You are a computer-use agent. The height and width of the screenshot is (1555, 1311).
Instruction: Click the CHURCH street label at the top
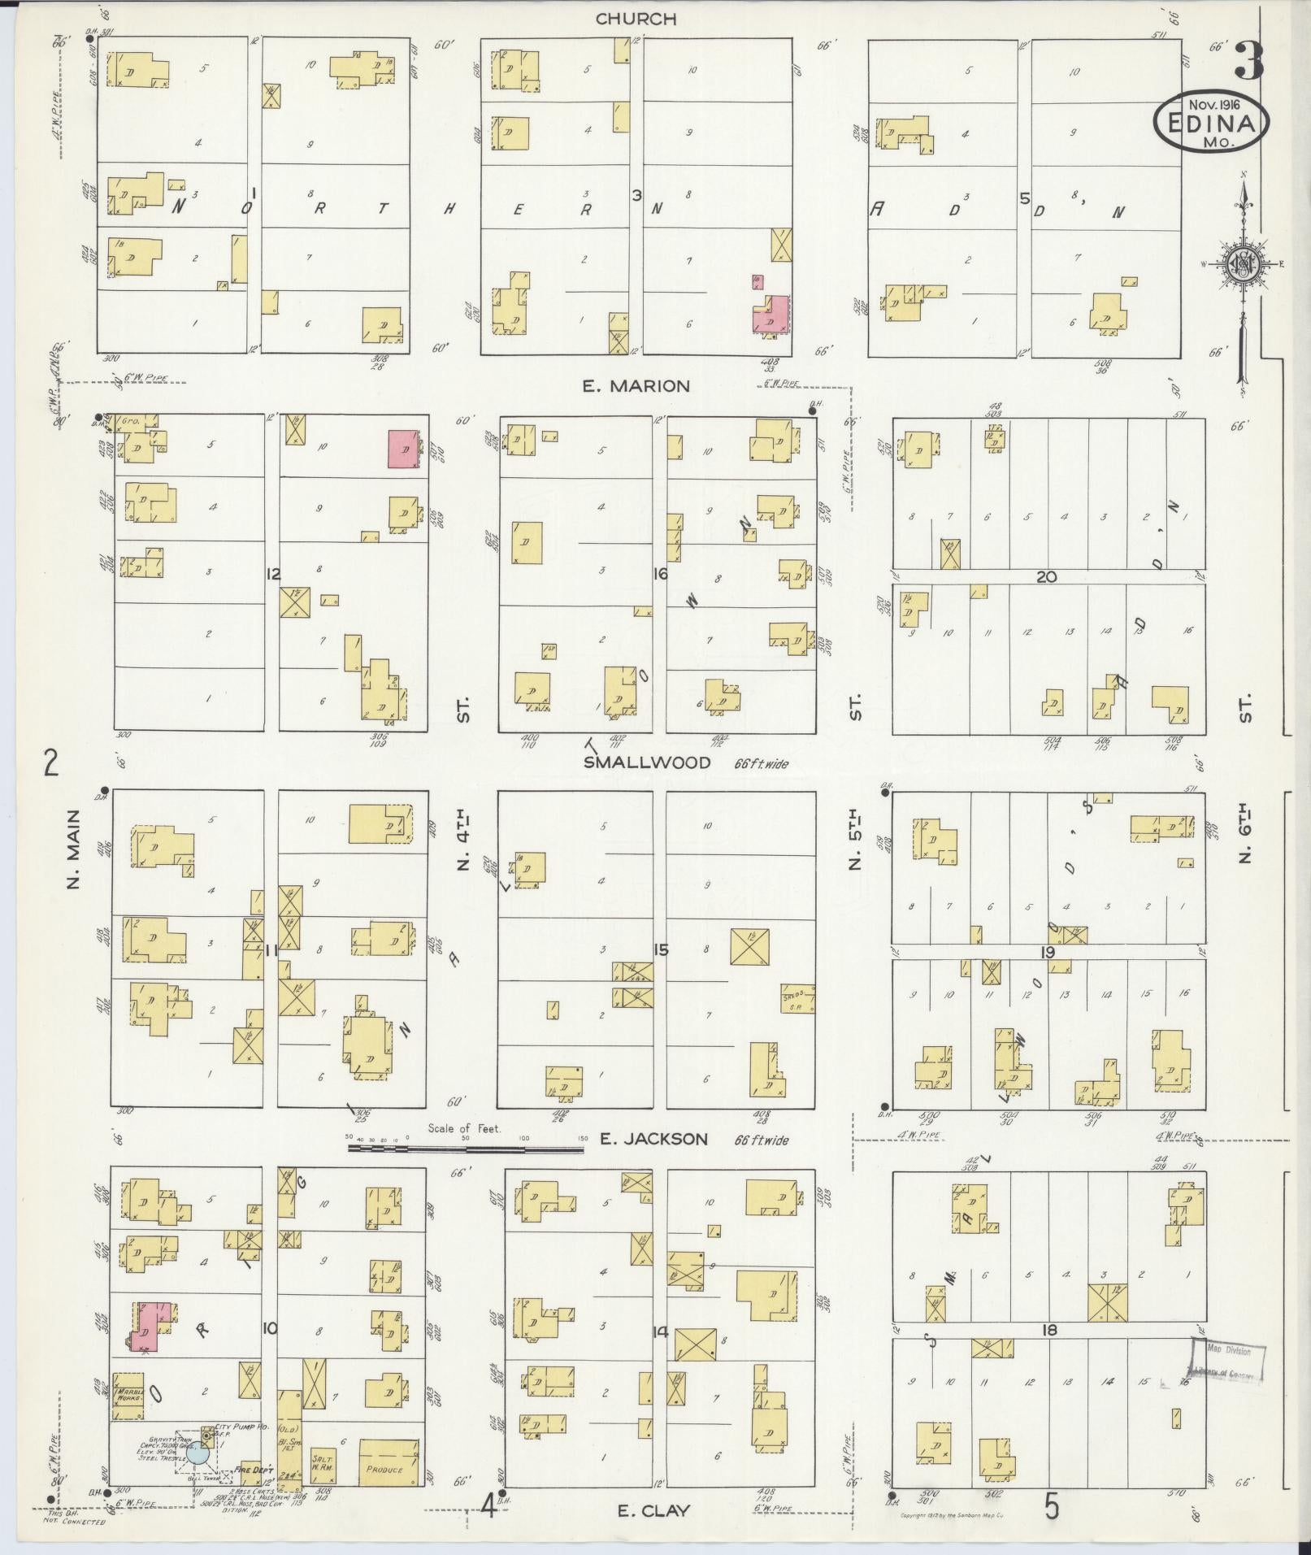point(636,18)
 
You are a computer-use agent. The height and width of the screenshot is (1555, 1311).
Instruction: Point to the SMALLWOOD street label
point(647,762)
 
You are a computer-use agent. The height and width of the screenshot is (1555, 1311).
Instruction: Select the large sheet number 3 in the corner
point(1248,62)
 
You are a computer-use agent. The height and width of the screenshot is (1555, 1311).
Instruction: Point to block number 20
point(1046,576)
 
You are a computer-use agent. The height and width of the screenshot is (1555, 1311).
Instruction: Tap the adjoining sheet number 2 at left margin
point(52,763)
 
